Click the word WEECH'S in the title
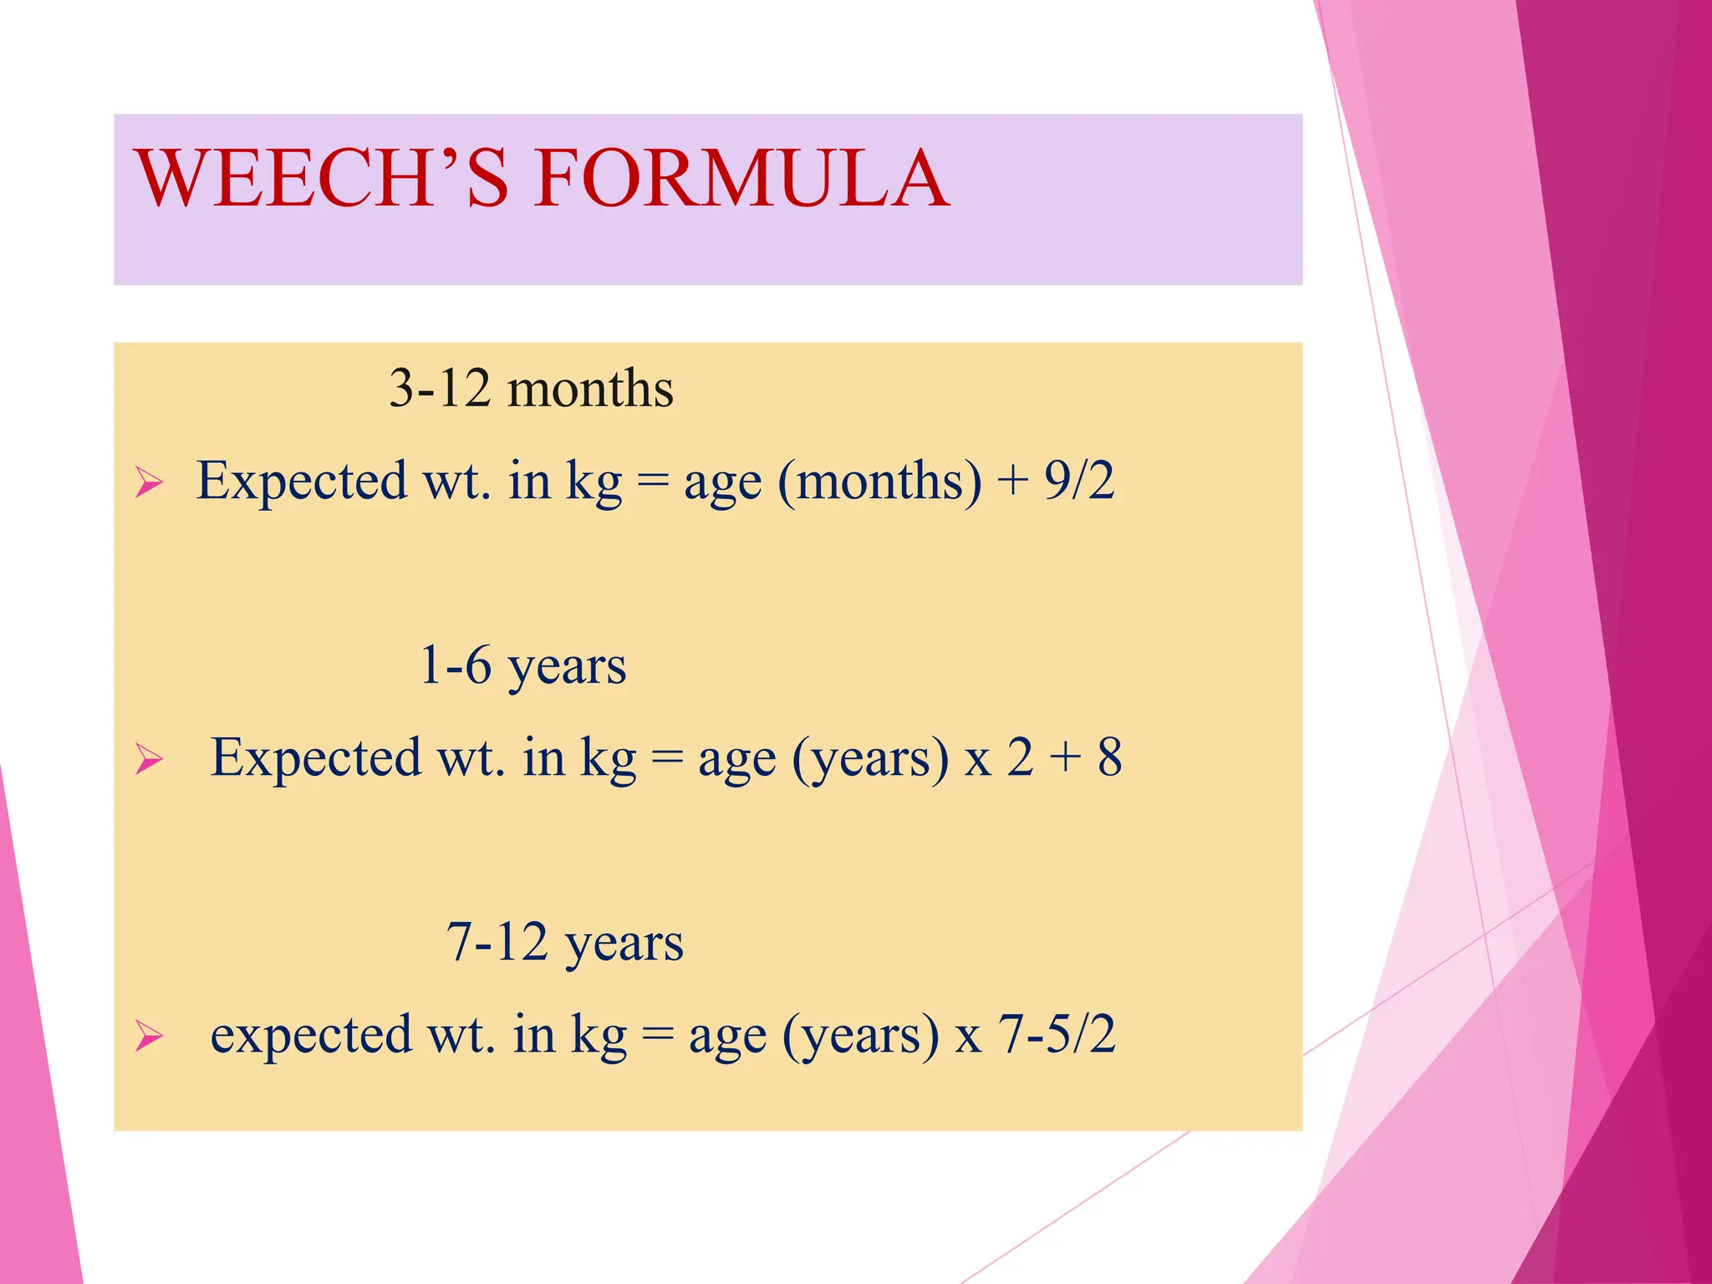point(322,178)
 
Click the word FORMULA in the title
point(742,178)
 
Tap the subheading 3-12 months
point(531,389)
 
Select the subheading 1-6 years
point(522,666)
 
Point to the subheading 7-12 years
point(565,943)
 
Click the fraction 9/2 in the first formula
point(1079,481)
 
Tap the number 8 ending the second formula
point(1109,757)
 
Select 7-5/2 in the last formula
point(1057,1034)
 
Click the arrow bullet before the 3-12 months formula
point(149,483)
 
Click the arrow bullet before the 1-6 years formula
point(149,760)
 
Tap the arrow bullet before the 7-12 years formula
point(149,1037)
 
